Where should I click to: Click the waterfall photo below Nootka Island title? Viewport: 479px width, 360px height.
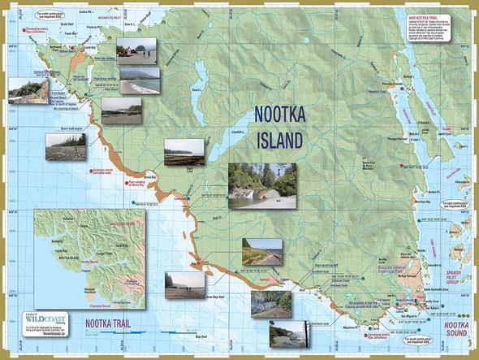point(261,185)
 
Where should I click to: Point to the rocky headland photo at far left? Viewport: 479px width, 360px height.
point(28,91)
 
